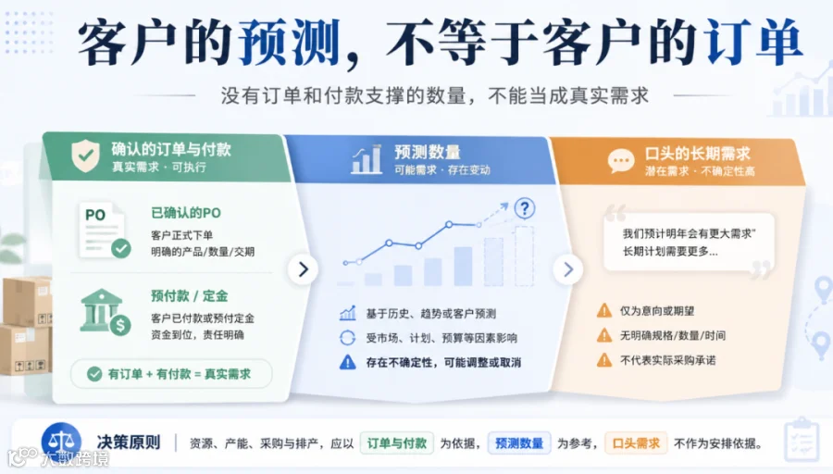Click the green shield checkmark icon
[85, 156]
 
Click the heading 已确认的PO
[186, 213]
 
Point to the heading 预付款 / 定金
[190, 296]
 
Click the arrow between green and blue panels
[303, 269]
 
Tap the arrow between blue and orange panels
[568, 269]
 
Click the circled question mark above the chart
[525, 207]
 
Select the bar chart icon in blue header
[367, 159]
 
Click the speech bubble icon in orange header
[620, 160]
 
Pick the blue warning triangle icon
[347, 362]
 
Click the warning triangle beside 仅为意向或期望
[604, 310]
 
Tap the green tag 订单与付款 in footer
[397, 443]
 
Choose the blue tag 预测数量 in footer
[519, 443]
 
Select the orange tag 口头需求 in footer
[636, 443]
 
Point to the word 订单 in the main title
[752, 42]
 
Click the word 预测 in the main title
[289, 42]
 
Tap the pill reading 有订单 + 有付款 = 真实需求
[171, 374]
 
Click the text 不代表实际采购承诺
[667, 360]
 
